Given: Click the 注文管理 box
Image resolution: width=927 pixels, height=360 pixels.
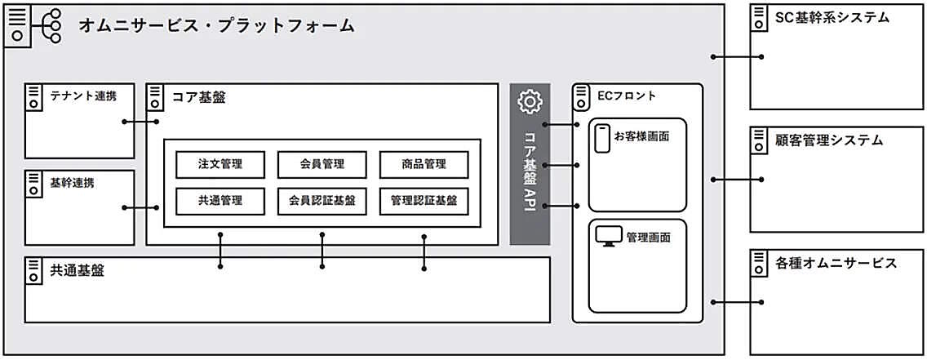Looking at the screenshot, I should click(x=220, y=164).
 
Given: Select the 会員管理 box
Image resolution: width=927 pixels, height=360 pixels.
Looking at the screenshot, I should click(x=322, y=164).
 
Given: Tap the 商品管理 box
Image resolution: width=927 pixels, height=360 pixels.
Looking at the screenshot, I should click(x=424, y=164).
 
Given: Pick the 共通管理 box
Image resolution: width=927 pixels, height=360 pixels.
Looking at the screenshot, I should click(x=220, y=200).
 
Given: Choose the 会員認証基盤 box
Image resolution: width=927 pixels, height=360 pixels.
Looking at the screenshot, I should click(x=322, y=200).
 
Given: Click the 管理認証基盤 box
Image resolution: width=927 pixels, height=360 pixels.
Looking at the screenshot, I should click(x=424, y=200).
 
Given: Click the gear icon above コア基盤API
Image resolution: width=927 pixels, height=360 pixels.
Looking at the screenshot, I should click(x=530, y=101).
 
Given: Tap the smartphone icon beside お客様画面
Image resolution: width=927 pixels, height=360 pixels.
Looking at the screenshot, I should click(x=602, y=138).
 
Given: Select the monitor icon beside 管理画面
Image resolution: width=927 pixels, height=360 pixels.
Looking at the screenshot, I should click(x=608, y=237).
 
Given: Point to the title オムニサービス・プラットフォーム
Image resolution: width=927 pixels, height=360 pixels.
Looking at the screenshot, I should click(x=216, y=26).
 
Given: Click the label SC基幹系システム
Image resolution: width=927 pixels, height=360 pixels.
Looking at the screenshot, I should click(x=832, y=17).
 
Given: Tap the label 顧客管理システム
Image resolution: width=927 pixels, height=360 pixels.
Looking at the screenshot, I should click(x=829, y=140).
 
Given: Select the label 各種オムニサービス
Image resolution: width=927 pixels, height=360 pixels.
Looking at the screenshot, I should click(x=836, y=263).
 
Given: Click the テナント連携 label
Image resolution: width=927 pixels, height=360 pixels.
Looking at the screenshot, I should click(x=83, y=96).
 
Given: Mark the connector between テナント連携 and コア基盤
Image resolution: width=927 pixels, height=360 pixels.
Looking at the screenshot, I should click(x=140, y=122).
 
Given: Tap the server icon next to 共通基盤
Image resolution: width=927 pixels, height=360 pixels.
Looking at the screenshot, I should click(x=34, y=271).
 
